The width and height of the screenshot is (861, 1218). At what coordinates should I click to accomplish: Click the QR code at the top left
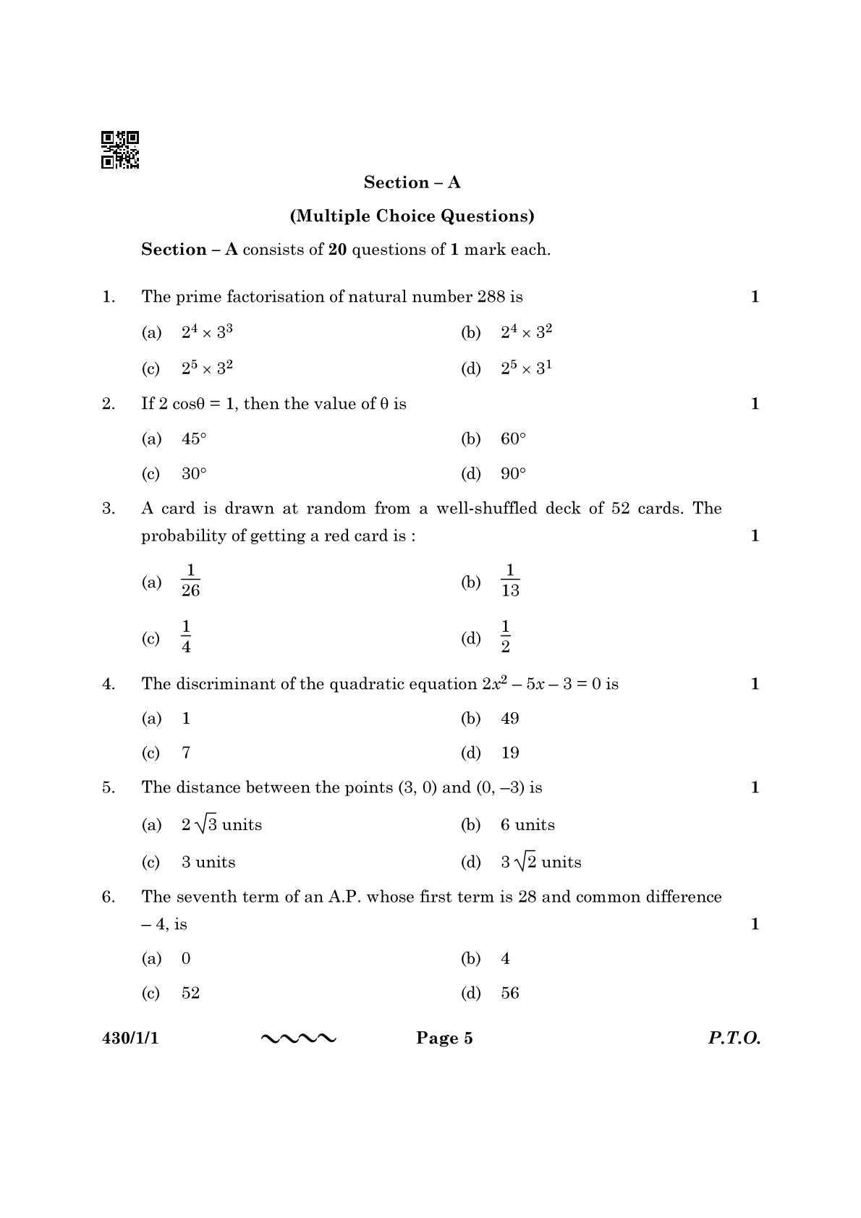[120, 150]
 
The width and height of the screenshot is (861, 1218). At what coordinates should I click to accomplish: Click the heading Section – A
[412, 182]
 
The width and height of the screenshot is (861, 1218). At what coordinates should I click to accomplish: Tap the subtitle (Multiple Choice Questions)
[412, 216]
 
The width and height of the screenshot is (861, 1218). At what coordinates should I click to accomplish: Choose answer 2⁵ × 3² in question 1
[207, 368]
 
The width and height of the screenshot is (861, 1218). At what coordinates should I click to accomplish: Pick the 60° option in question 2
[513, 439]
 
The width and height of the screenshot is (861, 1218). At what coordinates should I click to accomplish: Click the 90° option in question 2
[513, 474]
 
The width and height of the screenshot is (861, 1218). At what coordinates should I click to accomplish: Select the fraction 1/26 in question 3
[190, 581]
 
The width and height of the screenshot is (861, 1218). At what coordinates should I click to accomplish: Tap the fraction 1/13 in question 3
[510, 581]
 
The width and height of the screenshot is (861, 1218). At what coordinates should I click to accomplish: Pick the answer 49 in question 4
[510, 719]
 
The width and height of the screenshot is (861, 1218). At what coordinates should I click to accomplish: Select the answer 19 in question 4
[510, 753]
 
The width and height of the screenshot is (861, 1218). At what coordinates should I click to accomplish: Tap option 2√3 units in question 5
[221, 824]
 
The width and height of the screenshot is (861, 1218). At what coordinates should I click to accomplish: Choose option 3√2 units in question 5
[540, 862]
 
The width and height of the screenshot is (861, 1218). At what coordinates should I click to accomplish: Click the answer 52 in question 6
[190, 993]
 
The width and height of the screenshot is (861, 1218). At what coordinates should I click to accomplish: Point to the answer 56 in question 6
[510, 993]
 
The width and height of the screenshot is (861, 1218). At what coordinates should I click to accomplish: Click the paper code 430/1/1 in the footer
[130, 1039]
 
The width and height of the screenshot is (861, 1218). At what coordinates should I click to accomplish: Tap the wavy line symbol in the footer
[298, 1039]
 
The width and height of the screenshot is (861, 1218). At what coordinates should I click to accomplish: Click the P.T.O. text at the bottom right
[734, 1039]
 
